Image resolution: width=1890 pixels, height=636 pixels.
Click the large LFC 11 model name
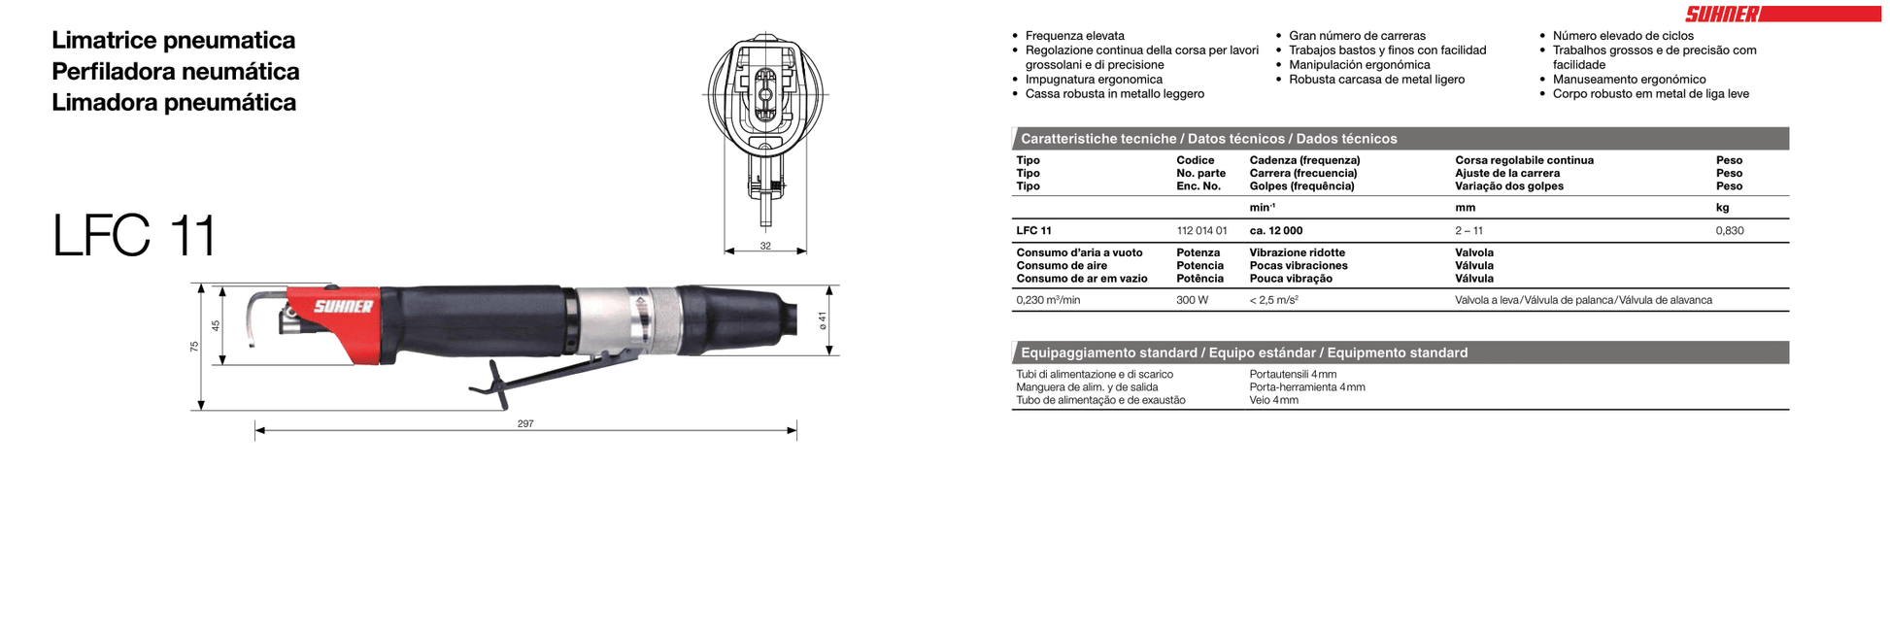click(x=134, y=235)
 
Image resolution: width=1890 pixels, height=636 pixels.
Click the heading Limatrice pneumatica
click(x=173, y=41)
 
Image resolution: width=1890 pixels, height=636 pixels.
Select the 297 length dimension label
click(x=525, y=423)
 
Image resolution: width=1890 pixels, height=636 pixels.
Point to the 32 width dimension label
click(x=765, y=246)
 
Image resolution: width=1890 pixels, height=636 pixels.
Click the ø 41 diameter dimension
click(x=823, y=319)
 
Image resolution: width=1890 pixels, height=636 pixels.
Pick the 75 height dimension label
click(x=194, y=346)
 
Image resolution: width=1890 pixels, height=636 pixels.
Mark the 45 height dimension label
click(x=216, y=325)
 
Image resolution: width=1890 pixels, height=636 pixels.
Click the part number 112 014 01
click(x=1201, y=231)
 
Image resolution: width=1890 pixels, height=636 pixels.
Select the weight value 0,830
click(x=1729, y=231)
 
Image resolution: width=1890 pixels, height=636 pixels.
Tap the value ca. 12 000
click(x=1275, y=231)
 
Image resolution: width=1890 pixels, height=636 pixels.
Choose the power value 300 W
click(x=1192, y=300)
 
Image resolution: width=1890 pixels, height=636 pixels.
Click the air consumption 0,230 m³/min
click(x=1048, y=300)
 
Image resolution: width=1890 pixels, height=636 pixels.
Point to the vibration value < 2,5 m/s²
click(x=1273, y=300)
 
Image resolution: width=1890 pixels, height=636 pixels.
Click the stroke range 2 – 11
click(x=1468, y=231)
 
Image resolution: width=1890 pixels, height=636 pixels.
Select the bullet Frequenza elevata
click(x=1074, y=36)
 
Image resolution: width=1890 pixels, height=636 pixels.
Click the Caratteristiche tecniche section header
click(x=1208, y=139)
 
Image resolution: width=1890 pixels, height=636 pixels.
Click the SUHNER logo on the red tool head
click(x=343, y=307)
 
